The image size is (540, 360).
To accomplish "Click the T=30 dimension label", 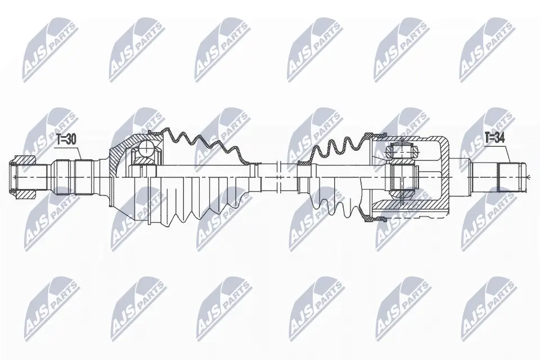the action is (x=66, y=139).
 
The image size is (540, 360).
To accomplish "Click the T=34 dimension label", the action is (x=494, y=138).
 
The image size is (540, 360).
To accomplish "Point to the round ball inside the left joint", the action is (x=147, y=150).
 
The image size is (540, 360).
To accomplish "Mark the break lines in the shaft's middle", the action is (x=280, y=177).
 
